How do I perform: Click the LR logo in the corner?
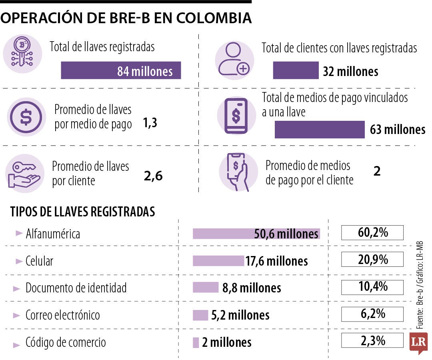tap(418, 342)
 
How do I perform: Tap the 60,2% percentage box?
tap(372, 232)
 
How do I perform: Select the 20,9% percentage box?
tap(372, 260)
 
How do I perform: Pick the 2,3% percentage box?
tap(372, 341)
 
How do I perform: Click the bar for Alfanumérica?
tap(256, 234)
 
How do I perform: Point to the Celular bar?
tap(218, 261)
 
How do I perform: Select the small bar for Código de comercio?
tap(196, 342)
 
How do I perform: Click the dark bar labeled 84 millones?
tap(121, 71)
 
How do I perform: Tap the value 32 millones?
tap(350, 72)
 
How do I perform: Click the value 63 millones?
tap(398, 130)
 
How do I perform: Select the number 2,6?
tap(153, 175)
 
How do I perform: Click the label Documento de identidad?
tap(76, 288)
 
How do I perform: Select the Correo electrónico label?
tap(63, 315)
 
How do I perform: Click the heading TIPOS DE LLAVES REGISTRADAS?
tap(82, 212)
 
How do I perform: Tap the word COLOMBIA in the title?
tap(214, 18)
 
